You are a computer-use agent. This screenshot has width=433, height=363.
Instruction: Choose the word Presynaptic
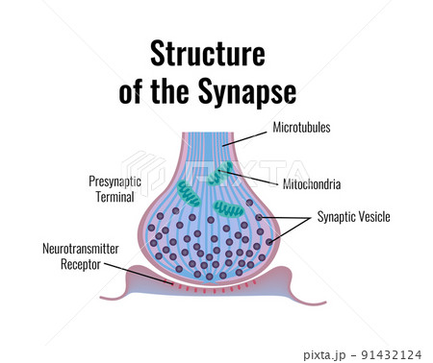coord(115,180)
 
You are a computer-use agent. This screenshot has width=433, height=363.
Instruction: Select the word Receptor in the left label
coord(82,263)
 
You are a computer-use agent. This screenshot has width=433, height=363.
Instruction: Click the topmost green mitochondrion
coord(225,173)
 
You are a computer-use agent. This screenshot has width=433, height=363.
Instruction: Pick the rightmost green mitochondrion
coord(229,208)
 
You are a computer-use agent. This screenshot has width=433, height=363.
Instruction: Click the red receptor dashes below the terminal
coord(213,286)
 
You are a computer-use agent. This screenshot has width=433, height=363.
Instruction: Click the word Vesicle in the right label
coord(371,217)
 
